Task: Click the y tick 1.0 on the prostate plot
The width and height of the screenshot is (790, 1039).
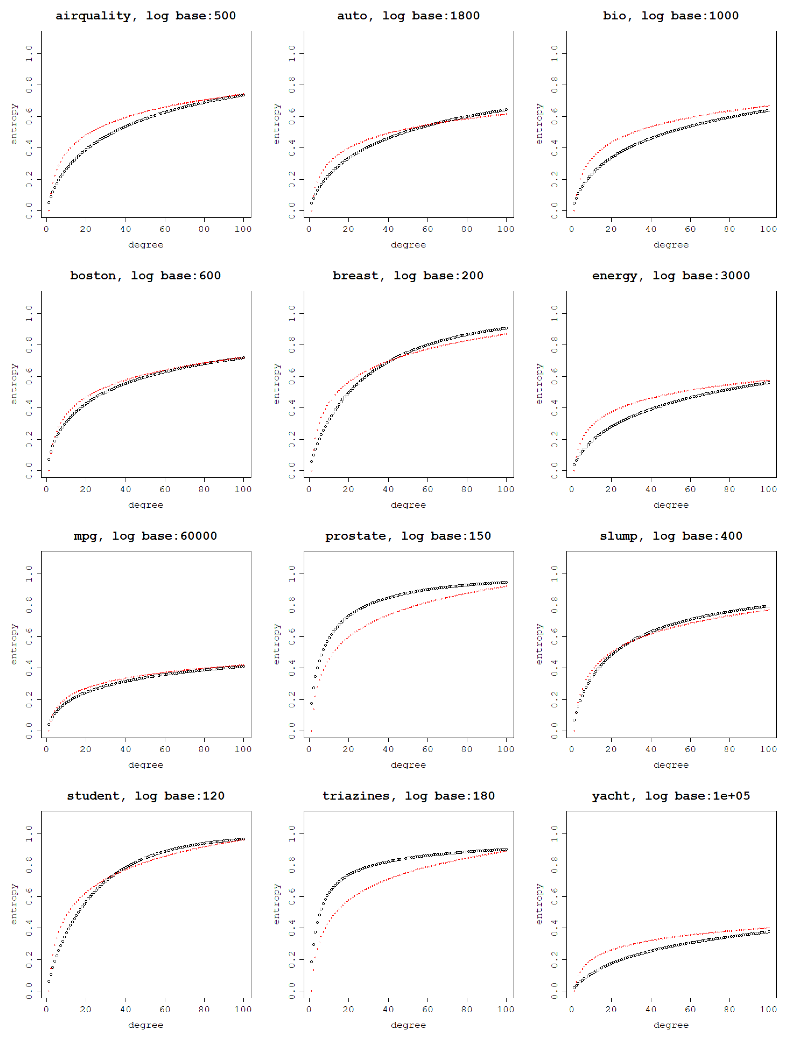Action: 292,574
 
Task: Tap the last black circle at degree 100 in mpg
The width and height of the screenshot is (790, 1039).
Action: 243,666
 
